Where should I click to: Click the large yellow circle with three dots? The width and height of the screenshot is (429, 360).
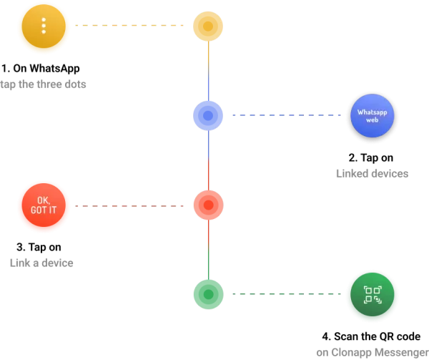pos(44,26)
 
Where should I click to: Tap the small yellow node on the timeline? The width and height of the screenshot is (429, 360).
pos(208,26)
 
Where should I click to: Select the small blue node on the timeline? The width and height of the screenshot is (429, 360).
pos(208,115)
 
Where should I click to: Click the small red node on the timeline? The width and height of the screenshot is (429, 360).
pos(208,205)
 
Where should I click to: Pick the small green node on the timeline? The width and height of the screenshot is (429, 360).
pos(208,294)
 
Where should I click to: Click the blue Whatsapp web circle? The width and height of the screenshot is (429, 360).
pos(372,115)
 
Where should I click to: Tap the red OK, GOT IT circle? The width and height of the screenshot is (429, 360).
pos(44,206)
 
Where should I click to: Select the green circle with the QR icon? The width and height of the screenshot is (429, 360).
pos(372,294)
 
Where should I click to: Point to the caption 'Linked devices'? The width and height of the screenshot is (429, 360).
pos(372,173)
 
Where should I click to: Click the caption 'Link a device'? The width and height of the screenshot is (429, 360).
pos(41,263)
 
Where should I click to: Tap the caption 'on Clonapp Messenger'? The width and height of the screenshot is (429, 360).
pos(372,352)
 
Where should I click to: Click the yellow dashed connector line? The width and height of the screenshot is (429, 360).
pos(133,26)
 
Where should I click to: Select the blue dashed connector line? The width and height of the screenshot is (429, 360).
pos(287,115)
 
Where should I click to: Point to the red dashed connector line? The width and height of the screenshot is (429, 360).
pos(133,206)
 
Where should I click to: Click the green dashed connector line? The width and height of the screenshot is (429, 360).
pos(287,294)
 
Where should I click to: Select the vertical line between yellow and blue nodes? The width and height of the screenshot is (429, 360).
pos(208,71)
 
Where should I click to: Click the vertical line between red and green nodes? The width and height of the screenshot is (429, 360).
pos(208,250)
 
